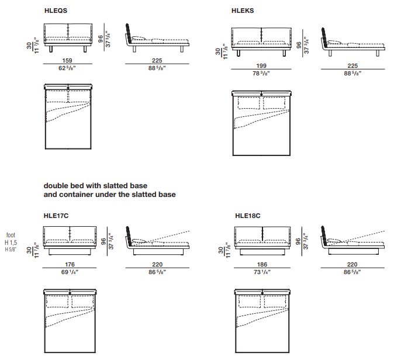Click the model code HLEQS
56,11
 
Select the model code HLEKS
243,11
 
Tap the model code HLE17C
56,215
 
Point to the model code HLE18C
247,215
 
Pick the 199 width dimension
260,67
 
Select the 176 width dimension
70,264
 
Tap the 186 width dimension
260,264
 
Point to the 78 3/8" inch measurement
260,74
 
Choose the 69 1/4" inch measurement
70,272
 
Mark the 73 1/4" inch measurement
260,272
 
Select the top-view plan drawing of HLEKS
261,123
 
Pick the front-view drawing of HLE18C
260,243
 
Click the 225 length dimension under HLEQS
157,60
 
